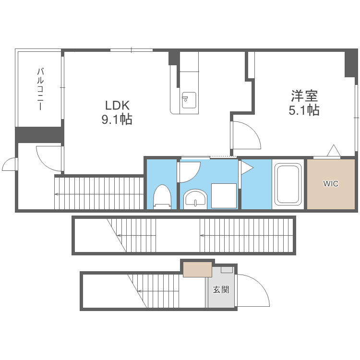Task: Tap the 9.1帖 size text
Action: click(117, 120)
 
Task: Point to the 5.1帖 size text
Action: click(304, 110)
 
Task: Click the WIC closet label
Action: click(330, 183)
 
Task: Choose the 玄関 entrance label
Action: click(221, 289)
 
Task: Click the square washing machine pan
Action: click(224, 195)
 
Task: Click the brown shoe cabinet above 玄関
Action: click(197, 269)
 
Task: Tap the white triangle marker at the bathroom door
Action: click(247, 168)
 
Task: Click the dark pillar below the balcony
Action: click(39, 134)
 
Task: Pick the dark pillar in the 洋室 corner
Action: click(351, 63)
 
